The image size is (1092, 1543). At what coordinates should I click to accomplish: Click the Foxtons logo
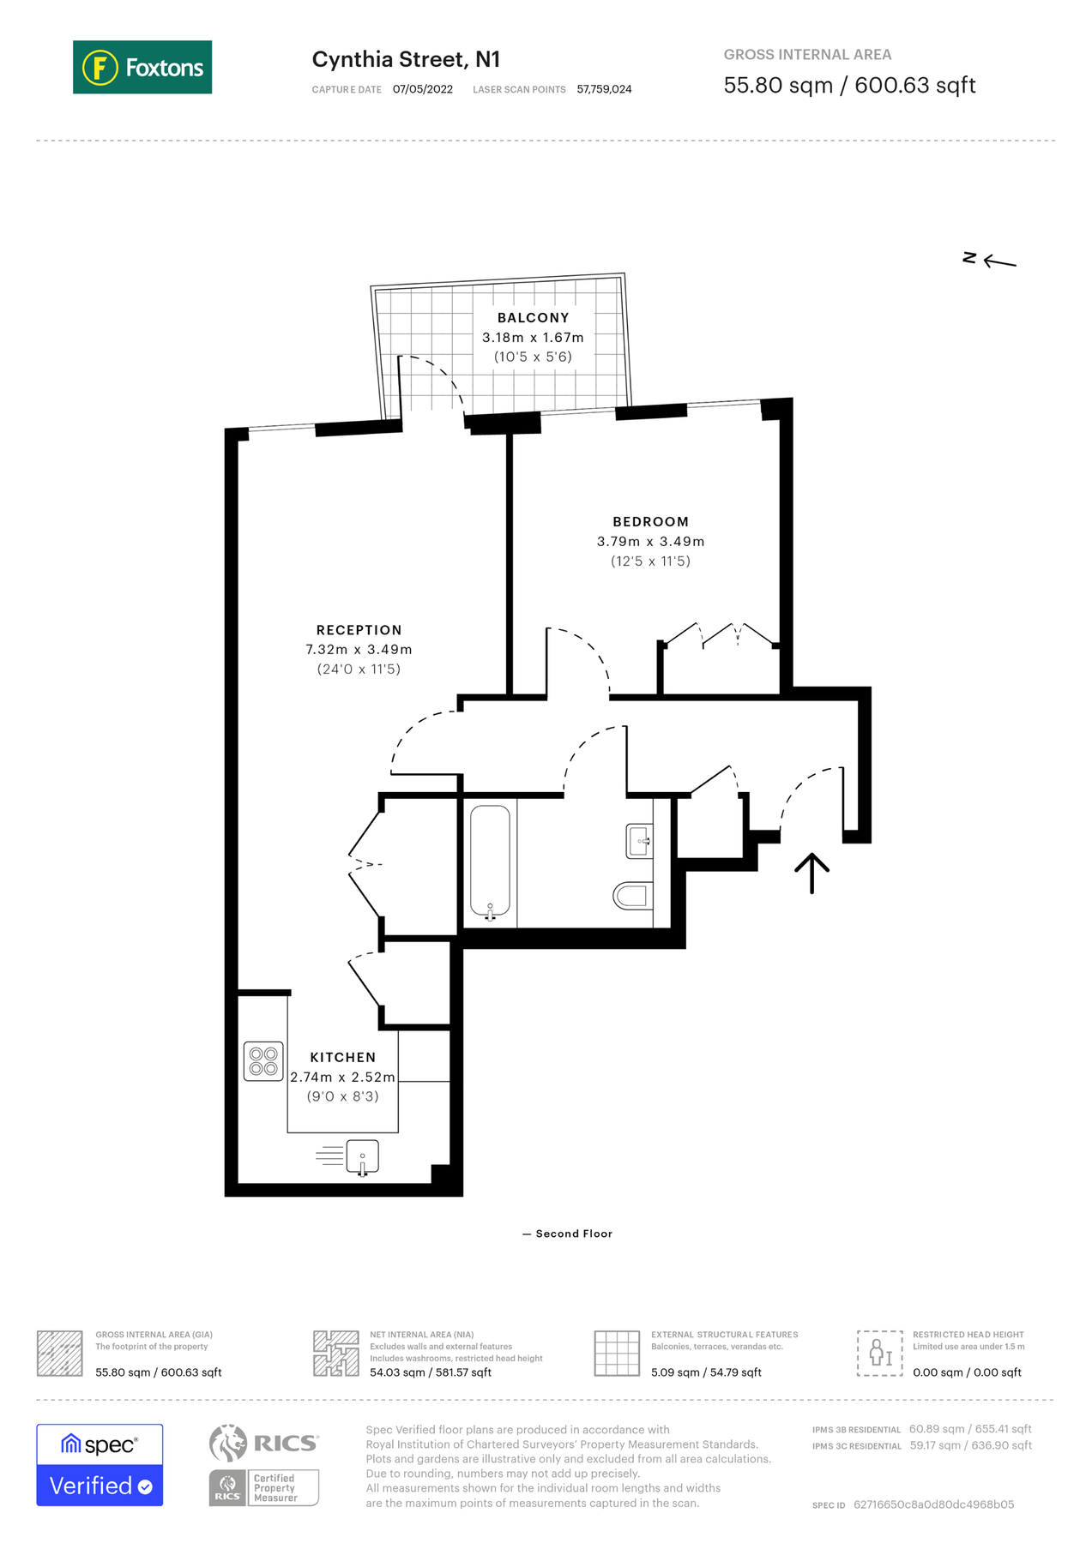click(142, 67)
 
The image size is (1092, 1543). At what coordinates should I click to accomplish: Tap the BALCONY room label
click(533, 318)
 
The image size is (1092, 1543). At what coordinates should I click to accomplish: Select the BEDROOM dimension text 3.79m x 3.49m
click(650, 542)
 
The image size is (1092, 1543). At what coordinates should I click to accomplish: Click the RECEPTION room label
click(359, 630)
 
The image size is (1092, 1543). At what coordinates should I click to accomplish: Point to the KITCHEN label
click(343, 1057)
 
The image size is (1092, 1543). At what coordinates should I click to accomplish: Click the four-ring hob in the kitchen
click(263, 1061)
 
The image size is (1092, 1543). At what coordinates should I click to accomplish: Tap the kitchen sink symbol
click(362, 1157)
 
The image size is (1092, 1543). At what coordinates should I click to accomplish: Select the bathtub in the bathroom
click(490, 862)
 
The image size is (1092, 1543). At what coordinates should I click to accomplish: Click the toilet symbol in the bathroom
click(631, 896)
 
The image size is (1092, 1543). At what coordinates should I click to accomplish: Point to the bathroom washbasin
click(639, 841)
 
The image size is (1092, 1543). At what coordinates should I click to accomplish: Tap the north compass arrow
click(998, 261)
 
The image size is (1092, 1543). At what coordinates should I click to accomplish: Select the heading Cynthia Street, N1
click(406, 59)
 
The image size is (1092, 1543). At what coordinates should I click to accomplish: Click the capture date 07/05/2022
click(423, 89)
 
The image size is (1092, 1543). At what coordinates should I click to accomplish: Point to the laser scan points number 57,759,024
click(604, 89)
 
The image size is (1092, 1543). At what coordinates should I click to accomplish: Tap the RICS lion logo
click(228, 1443)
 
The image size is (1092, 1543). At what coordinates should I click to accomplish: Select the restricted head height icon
click(879, 1354)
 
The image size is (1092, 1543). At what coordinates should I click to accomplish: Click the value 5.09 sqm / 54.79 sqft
click(706, 1372)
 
